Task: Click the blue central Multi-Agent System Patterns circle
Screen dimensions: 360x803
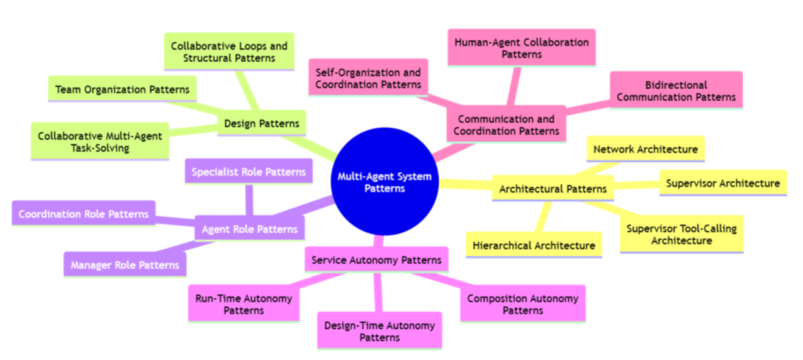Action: pyautogui.click(x=384, y=182)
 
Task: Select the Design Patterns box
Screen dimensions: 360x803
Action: pyautogui.click(x=262, y=123)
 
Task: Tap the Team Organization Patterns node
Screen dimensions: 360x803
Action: pyautogui.click(x=122, y=89)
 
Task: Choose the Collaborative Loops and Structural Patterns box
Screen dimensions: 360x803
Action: pyautogui.click(x=229, y=52)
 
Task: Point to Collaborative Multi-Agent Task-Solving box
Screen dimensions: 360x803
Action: pyautogui.click(x=100, y=142)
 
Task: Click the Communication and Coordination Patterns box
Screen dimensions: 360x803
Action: pyautogui.click(x=506, y=125)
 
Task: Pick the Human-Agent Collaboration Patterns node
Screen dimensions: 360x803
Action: pyautogui.click(x=522, y=48)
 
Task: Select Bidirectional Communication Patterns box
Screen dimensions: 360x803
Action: pyautogui.click(x=676, y=91)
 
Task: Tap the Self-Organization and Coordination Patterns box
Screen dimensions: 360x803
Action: pyautogui.click(x=369, y=78)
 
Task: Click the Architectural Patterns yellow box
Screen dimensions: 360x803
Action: pyautogui.click(x=553, y=189)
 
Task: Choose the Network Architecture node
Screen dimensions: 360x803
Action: pyautogui.click(x=645, y=149)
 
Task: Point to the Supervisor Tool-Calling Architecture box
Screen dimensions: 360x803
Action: pyautogui.click(x=682, y=234)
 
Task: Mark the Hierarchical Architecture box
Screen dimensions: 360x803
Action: pyautogui.click(x=534, y=245)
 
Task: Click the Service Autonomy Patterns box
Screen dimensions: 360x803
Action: pyautogui.click(x=376, y=259)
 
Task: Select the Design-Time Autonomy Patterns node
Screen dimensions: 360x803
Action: pyautogui.click(x=379, y=331)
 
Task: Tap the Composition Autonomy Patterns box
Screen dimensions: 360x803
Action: pyautogui.click(x=522, y=304)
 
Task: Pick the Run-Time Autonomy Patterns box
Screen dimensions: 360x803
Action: pyautogui.click(x=244, y=304)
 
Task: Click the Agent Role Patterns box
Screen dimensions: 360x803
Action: pyautogui.click(x=250, y=229)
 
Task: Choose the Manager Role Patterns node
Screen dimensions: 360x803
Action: pyautogui.click(x=125, y=265)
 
